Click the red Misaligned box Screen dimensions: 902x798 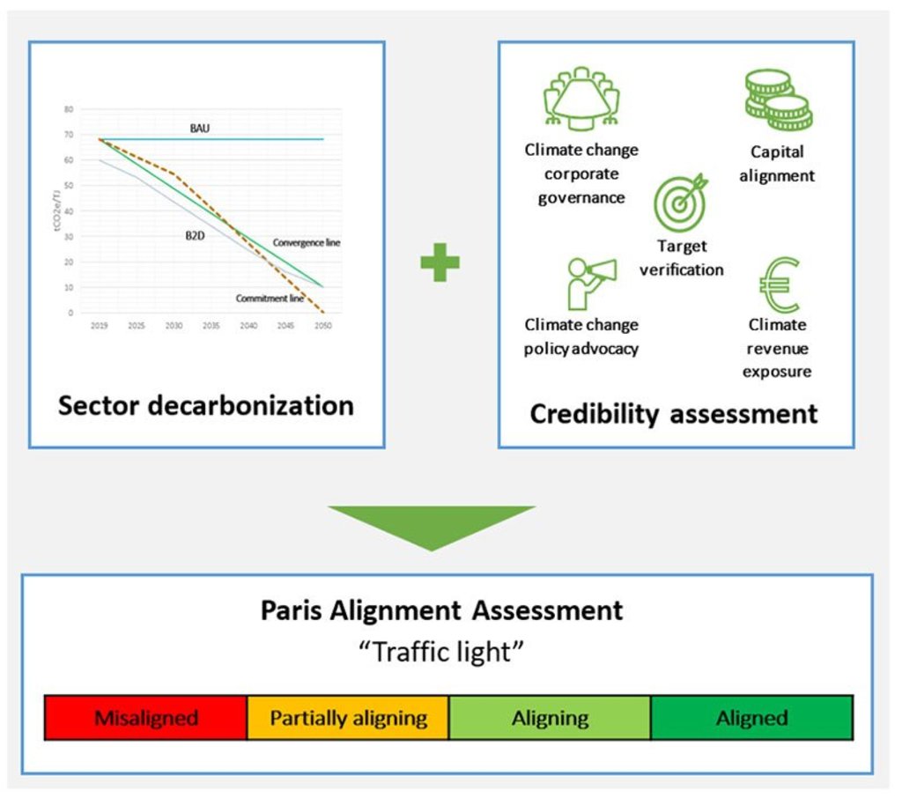145,717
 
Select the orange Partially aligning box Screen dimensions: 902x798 348,717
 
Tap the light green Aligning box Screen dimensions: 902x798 550,717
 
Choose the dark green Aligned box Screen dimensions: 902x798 751,717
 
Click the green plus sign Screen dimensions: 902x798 440,263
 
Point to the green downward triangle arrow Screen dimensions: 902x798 432,526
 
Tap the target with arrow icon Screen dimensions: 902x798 680,201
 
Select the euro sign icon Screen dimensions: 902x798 779,284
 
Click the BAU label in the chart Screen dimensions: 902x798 200,128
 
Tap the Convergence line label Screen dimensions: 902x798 306,242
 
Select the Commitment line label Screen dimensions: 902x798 270,299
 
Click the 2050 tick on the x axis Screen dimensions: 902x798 323,326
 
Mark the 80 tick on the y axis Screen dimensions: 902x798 68,109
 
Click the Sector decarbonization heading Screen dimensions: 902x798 206,406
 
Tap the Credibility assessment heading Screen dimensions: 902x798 674,413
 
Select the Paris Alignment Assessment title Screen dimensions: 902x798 441,610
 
